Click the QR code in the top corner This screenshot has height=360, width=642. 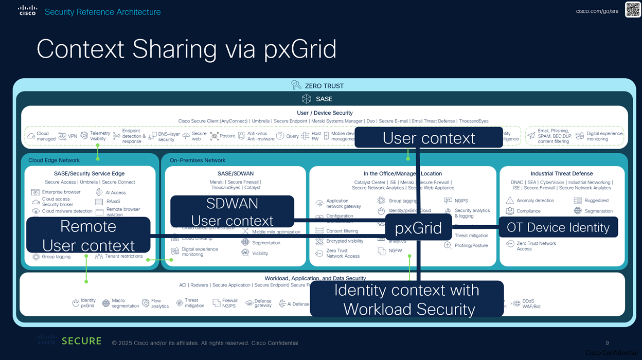633,10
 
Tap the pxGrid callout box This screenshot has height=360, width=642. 418,228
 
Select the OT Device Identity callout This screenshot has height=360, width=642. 558,227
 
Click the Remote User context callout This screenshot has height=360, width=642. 88,236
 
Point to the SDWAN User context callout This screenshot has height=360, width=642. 232,211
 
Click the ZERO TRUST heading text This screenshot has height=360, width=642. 324,86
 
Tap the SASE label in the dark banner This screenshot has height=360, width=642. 324,99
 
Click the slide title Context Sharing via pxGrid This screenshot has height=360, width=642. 186,49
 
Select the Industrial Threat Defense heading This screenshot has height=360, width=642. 562,174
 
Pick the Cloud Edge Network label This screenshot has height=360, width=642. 54,160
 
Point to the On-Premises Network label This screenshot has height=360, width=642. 198,160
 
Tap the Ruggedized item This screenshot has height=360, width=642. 596,201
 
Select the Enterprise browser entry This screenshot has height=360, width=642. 61,192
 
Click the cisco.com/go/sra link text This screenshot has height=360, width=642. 597,11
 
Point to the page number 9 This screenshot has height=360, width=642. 608,343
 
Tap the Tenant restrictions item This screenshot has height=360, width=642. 123,256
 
